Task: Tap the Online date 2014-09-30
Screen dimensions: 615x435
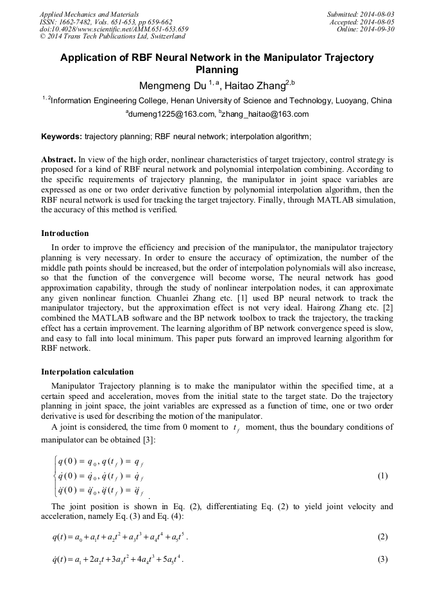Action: point(373,29)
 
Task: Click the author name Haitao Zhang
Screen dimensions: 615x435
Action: point(252,85)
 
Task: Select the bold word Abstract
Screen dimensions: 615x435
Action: point(58,158)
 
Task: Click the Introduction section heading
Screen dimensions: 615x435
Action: point(65,233)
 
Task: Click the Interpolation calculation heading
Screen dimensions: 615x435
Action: point(87,371)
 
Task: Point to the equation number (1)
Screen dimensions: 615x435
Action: point(383,476)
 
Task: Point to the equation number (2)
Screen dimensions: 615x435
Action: point(383,537)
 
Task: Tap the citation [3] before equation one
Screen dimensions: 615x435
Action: point(168,441)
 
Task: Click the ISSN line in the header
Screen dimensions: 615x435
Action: point(105,21)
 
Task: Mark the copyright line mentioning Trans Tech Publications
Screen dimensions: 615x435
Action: point(112,37)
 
